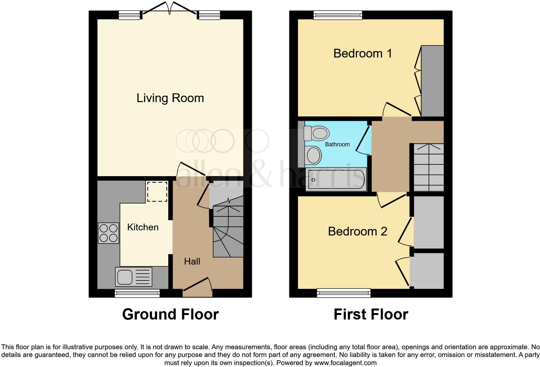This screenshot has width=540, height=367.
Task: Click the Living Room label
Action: click(170, 98)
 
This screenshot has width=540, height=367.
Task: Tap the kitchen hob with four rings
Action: click(109, 233)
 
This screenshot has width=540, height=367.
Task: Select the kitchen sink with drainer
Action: click(133, 277)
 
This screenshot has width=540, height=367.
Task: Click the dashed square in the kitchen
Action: click(157, 192)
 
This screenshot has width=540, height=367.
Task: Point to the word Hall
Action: click(192, 261)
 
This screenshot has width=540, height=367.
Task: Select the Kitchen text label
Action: click(143, 227)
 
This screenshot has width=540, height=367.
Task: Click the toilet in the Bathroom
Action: click(317, 133)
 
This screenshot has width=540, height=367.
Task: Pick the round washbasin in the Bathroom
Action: click(313, 155)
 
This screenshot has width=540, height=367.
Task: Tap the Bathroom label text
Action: click(337, 144)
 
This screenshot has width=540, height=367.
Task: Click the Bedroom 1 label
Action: click(362, 53)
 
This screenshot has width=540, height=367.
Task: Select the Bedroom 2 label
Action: click(357, 231)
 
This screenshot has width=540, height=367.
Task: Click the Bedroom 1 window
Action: click(338, 15)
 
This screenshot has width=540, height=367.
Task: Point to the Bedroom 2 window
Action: click(344, 293)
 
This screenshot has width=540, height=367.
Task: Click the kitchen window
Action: click(137, 293)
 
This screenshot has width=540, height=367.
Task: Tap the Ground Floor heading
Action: click(170, 314)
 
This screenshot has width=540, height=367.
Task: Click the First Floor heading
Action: click(371, 314)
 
